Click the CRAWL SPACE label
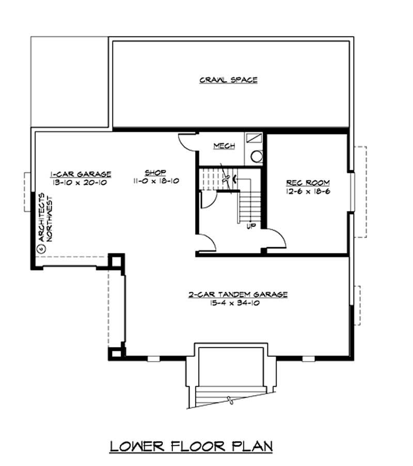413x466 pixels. [228, 80]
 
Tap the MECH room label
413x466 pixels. [224, 146]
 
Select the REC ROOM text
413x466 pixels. [308, 183]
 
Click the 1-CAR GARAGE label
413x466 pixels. [81, 174]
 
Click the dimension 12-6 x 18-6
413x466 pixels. [308, 191]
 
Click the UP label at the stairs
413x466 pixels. [251, 226]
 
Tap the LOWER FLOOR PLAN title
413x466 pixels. [191, 446]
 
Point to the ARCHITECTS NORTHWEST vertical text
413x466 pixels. [46, 217]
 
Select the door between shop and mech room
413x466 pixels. [186, 142]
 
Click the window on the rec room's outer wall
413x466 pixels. [351, 191]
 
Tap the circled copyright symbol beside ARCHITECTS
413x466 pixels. [41, 248]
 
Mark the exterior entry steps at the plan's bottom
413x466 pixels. [231, 398]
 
